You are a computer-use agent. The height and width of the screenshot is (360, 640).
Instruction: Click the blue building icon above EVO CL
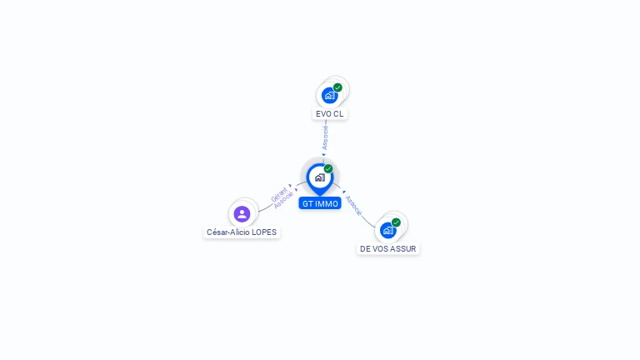click(x=329, y=96)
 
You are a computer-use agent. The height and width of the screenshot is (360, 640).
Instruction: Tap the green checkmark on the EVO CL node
click(x=337, y=87)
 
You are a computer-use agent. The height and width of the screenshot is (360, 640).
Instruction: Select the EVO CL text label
click(x=330, y=114)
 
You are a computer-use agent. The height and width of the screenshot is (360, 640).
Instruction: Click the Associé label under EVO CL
click(x=325, y=137)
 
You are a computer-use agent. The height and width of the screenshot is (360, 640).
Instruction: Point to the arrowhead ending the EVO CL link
click(x=323, y=155)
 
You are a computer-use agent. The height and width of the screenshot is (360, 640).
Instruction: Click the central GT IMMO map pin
click(x=320, y=179)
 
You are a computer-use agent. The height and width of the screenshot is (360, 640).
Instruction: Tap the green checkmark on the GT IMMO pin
click(x=328, y=168)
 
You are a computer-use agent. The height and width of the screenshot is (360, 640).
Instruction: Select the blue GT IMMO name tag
click(x=320, y=203)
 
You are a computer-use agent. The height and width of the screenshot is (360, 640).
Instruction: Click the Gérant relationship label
click(x=279, y=194)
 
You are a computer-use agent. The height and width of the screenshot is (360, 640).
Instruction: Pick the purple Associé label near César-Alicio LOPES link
click(x=283, y=201)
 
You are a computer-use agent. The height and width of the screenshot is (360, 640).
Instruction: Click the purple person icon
click(x=242, y=214)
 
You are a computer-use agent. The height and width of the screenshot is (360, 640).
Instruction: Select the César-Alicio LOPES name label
click(x=242, y=232)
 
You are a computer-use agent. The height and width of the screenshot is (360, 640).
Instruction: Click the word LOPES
click(x=264, y=232)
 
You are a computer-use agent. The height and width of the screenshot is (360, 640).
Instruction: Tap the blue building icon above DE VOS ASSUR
click(x=387, y=231)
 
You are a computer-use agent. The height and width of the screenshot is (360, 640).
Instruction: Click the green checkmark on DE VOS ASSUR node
click(x=396, y=222)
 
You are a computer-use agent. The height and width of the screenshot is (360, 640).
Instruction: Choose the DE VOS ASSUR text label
click(x=388, y=249)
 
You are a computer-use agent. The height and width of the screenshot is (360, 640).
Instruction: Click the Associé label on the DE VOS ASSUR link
click(x=353, y=205)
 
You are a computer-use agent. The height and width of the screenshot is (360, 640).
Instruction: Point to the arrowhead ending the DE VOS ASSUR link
click(x=344, y=192)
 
